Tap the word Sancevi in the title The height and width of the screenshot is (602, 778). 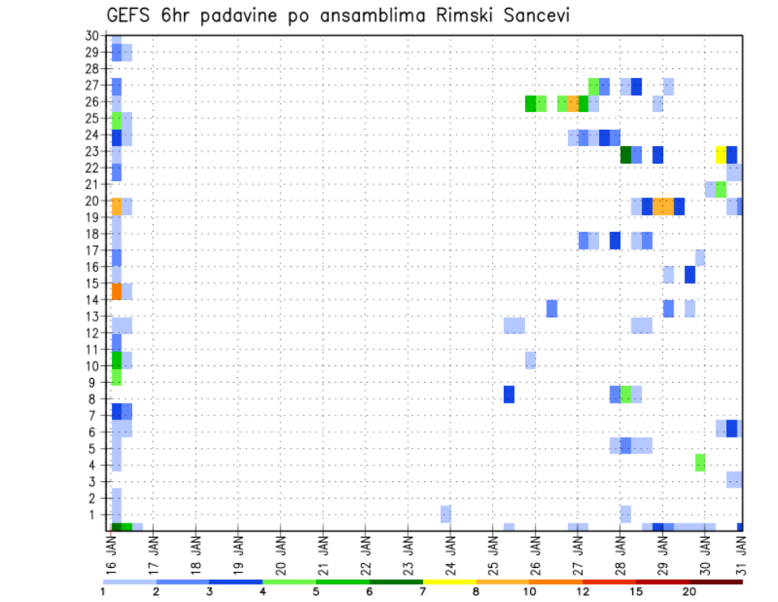click(541, 15)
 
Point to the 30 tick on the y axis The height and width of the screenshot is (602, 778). click(92, 36)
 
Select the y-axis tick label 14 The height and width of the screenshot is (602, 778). click(92, 299)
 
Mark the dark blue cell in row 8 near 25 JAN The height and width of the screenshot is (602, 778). click(509, 394)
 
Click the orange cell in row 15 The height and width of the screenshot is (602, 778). click(117, 291)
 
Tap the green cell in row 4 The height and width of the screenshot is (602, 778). click(700, 462)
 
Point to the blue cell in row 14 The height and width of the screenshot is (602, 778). click(552, 308)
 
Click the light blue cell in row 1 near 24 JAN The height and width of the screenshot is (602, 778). click(446, 514)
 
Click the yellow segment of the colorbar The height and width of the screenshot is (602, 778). click(450, 582)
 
